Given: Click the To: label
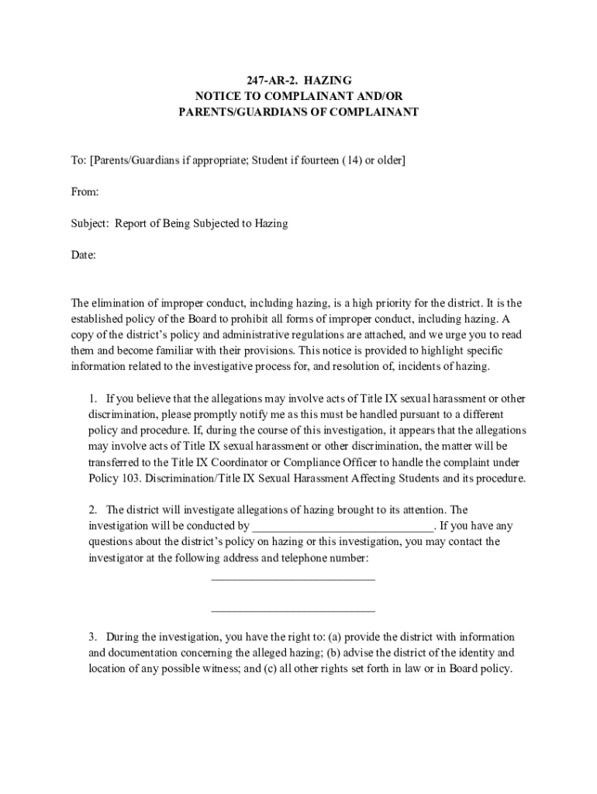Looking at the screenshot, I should pos(78,161).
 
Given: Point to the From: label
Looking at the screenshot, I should pos(85,192).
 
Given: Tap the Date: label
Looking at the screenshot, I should pos(84,254).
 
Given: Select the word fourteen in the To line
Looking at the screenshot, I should pos(315,161).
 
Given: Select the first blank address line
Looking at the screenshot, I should pos(293,579).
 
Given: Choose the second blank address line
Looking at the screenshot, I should pos(293,611).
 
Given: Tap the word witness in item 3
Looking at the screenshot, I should pos(215,668).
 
